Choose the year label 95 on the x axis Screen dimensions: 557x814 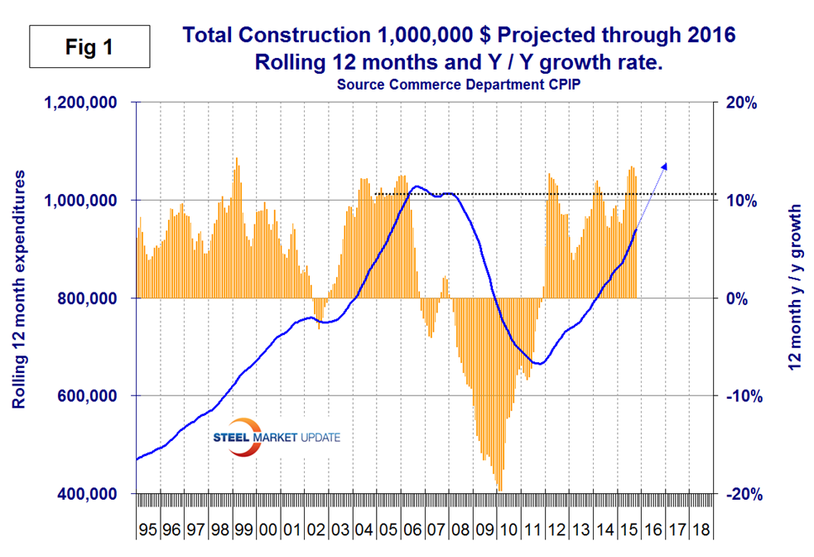(x=148, y=529)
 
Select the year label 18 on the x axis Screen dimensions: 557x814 (x=699, y=529)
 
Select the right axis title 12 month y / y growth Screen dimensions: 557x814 (x=796, y=298)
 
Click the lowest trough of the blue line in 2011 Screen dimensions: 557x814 (x=538, y=363)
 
